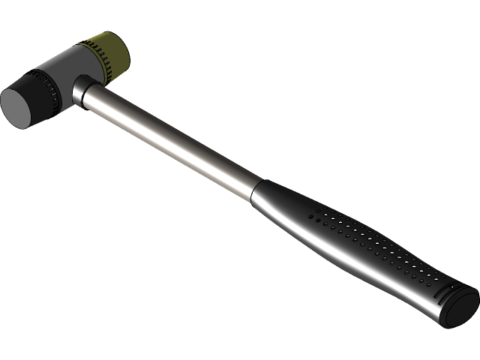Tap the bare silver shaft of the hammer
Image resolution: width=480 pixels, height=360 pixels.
click(172, 138)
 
